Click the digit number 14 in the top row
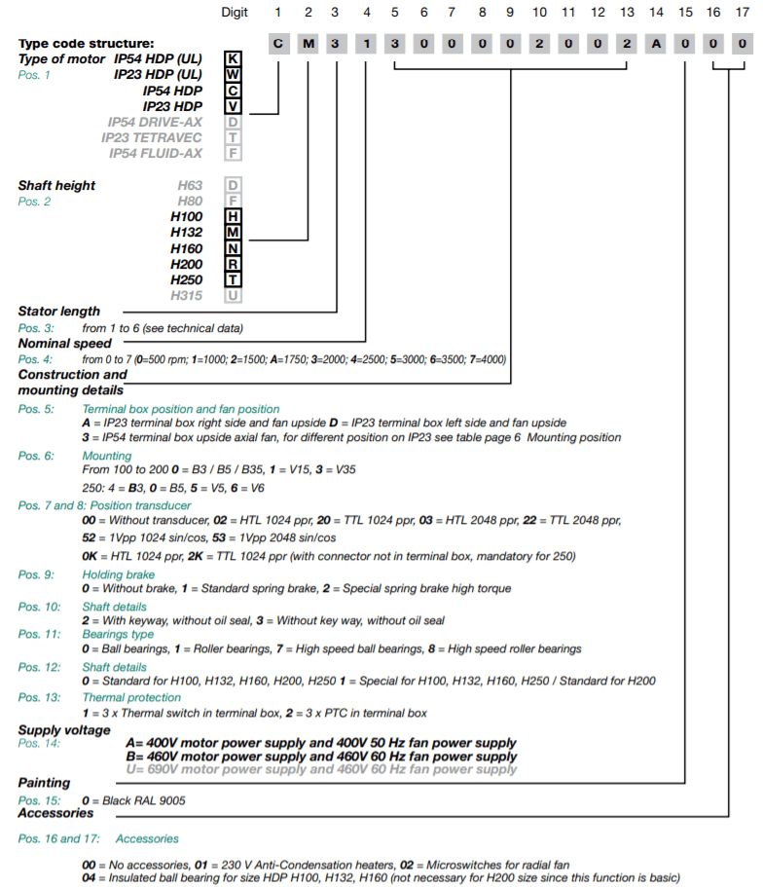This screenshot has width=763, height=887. tap(656, 12)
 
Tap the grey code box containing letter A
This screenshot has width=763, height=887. tap(656, 44)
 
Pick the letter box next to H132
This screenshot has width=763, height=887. tap(233, 233)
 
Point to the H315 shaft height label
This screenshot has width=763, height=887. tap(187, 295)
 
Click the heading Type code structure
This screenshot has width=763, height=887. tap(86, 45)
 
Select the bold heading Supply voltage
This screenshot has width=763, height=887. tap(64, 730)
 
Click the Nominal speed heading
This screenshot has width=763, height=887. tap(64, 343)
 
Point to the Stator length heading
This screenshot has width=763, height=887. tap(58, 312)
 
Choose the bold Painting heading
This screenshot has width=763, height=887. tap(44, 783)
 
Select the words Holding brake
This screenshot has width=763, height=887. tap(118, 575)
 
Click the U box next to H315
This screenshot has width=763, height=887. tap(233, 295)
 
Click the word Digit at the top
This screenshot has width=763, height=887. tap(236, 12)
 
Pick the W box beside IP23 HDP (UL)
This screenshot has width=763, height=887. tap(233, 75)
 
